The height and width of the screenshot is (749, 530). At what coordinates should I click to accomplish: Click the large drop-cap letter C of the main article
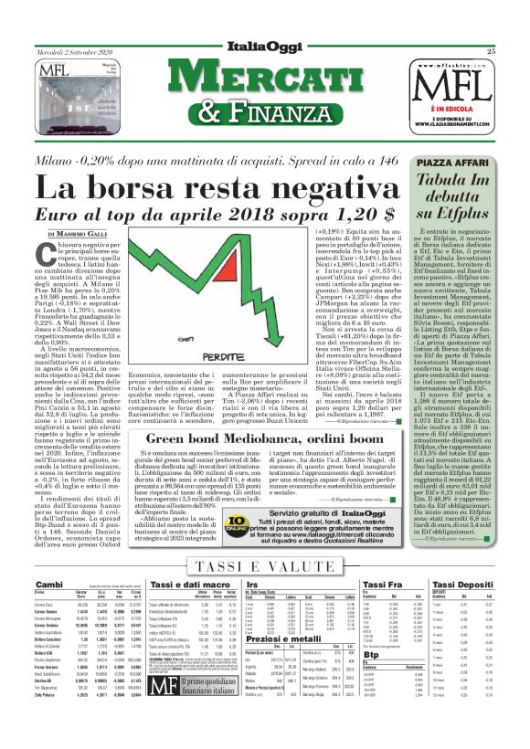(x=48, y=259)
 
